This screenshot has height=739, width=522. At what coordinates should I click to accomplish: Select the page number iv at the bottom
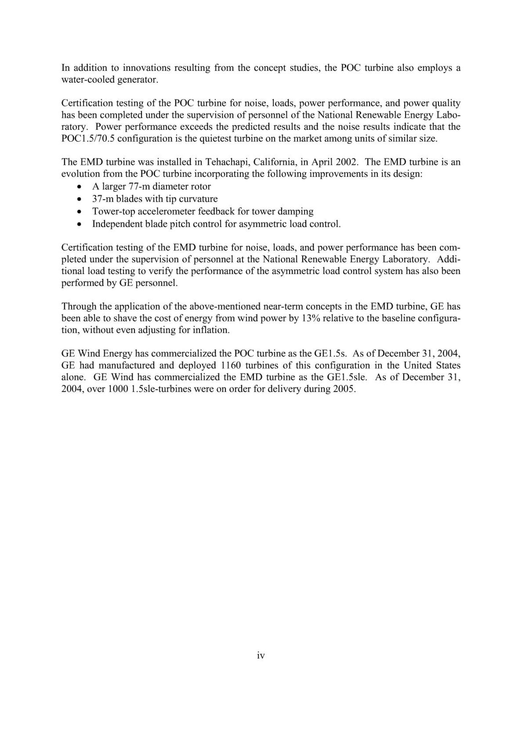coord(261,656)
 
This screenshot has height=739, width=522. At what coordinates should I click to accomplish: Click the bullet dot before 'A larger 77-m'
coord(79,187)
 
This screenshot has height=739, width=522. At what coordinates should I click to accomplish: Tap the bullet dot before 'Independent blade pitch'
coord(79,224)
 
